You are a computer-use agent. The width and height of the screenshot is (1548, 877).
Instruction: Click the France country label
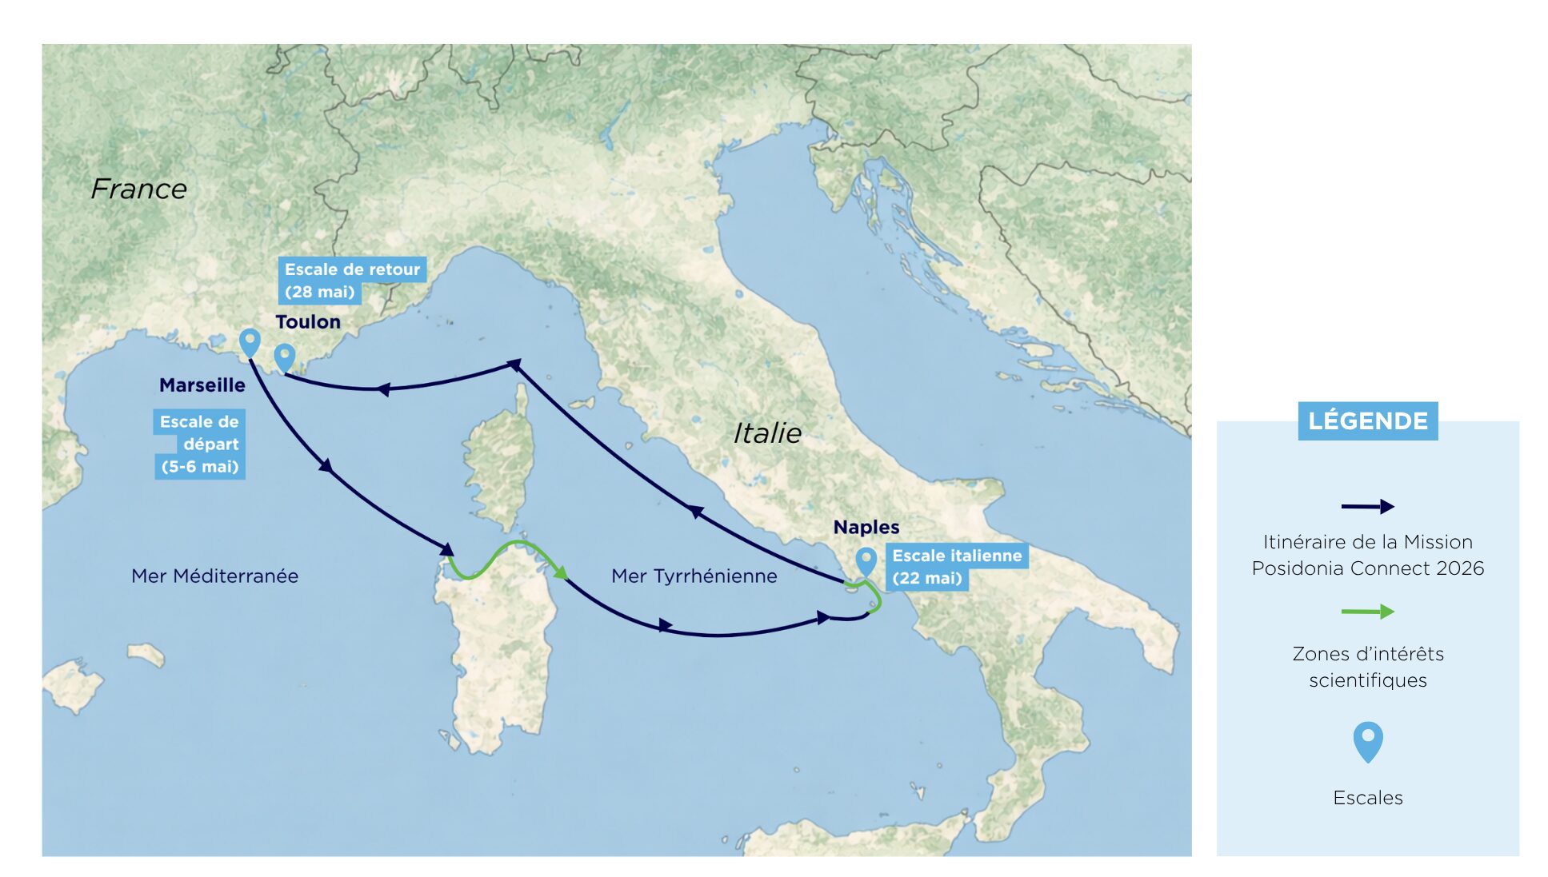[138, 189]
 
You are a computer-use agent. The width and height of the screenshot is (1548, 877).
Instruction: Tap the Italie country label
[766, 433]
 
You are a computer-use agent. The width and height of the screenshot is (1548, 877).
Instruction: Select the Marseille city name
[202, 385]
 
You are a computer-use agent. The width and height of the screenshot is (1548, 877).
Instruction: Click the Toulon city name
[307, 322]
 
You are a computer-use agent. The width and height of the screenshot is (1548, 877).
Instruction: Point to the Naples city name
[866, 528]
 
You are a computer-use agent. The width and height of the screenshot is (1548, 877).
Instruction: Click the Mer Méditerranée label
[214, 576]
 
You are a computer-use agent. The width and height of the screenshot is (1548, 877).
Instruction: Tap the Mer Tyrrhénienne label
[694, 576]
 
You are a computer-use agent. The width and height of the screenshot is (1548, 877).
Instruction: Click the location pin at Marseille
[250, 342]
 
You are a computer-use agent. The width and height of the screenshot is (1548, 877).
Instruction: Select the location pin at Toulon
[284, 357]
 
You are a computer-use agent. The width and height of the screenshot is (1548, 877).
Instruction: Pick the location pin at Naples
[865, 560]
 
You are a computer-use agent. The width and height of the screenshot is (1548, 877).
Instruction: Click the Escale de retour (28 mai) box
[351, 281]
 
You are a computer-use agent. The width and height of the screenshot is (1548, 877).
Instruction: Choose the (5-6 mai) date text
[200, 467]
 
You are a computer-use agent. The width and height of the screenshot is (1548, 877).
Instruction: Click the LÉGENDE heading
[1366, 421]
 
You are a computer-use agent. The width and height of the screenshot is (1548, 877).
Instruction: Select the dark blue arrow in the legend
[1366, 506]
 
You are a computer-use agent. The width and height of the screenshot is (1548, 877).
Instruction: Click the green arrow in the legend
[1366, 612]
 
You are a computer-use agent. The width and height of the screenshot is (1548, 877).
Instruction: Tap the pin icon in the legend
[1367, 740]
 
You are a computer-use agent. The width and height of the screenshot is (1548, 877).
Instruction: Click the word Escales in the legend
[1367, 798]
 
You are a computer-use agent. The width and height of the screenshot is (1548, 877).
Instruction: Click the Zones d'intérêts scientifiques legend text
[1367, 667]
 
